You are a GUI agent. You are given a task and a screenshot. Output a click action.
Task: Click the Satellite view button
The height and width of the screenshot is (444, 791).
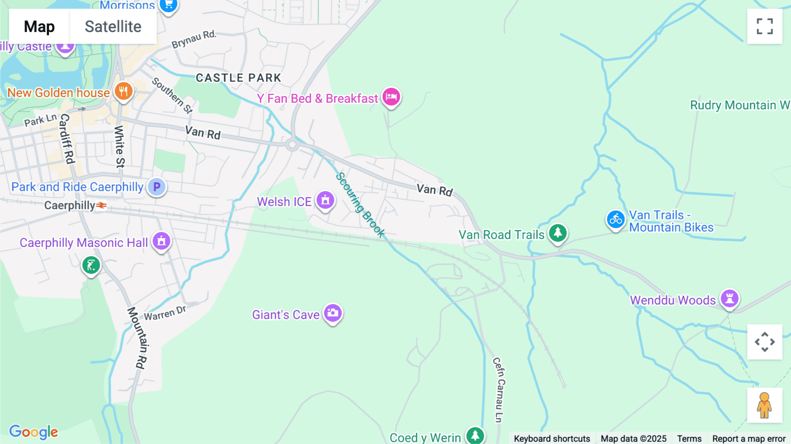click(x=113, y=27)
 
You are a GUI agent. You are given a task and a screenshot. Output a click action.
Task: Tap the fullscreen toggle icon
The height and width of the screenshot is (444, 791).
click(x=765, y=26)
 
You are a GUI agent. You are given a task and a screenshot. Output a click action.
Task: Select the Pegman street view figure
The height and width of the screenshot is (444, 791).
click(x=765, y=405)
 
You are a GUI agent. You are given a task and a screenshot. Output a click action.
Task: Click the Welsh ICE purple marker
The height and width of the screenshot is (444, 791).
click(x=325, y=200)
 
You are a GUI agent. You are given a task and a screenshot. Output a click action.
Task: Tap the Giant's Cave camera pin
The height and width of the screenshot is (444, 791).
click(x=333, y=313)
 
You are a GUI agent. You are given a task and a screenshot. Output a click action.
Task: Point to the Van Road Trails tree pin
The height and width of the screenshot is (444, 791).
click(x=558, y=233)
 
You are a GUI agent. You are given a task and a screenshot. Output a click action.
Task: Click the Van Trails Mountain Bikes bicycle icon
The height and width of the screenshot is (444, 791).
click(x=616, y=219)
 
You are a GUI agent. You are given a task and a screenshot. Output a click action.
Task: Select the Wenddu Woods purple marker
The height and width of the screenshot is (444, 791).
click(x=729, y=298)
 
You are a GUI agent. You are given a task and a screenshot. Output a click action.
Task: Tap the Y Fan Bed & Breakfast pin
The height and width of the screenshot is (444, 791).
click(x=391, y=97)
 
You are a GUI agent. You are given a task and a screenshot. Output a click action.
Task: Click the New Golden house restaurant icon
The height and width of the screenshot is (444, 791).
click(x=123, y=91)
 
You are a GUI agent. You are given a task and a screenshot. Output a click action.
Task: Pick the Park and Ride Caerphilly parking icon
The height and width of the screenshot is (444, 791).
click(x=156, y=187)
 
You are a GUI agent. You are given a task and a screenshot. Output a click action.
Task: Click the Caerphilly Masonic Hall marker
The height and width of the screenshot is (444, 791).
click(x=161, y=241)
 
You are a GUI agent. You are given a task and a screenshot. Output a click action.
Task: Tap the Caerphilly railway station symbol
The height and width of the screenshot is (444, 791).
click(x=102, y=205)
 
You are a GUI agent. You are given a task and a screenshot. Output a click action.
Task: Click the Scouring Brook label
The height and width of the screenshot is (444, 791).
click(x=360, y=204)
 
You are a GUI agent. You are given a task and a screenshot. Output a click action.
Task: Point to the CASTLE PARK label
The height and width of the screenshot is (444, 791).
click(x=238, y=78)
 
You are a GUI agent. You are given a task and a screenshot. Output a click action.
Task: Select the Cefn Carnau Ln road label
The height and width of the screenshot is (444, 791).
click(x=499, y=389)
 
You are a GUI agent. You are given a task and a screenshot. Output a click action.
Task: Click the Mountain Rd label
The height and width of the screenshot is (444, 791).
click(x=137, y=337)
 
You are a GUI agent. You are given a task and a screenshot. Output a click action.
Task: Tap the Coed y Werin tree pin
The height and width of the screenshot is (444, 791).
click(x=475, y=435)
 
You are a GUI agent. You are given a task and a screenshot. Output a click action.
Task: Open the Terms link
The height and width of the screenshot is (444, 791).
click(x=689, y=439)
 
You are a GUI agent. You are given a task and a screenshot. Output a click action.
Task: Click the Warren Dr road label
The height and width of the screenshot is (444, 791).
click(x=165, y=313)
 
